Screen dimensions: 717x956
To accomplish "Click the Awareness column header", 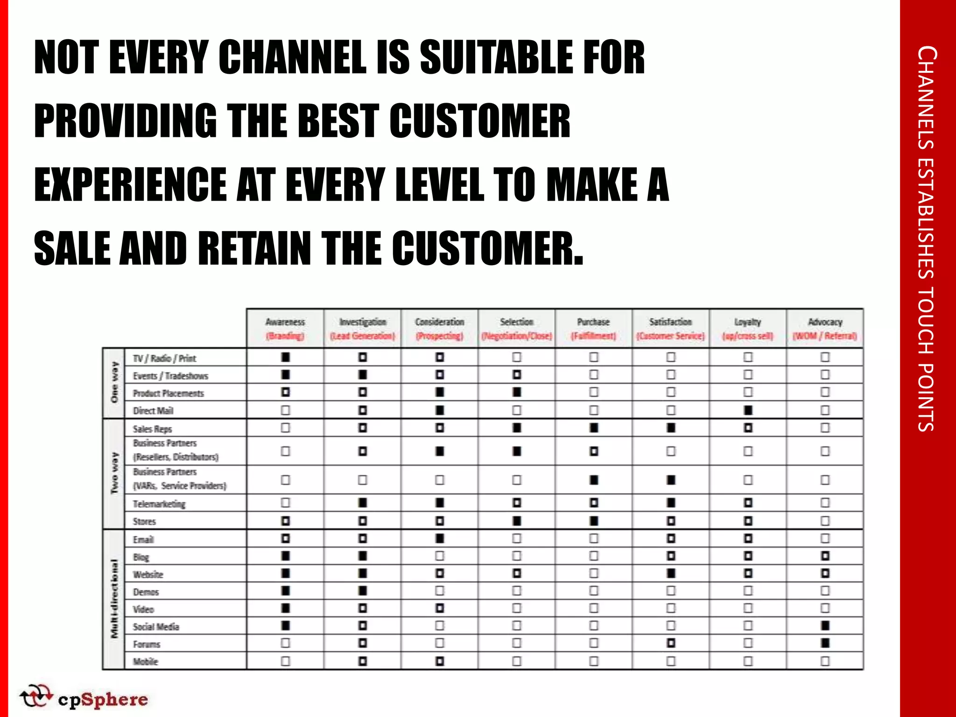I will [x=285, y=328].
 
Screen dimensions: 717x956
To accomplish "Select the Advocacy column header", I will [x=825, y=328].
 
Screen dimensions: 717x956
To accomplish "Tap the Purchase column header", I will [x=593, y=328].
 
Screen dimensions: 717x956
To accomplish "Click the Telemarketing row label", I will [x=159, y=504].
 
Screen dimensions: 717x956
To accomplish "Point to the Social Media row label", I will [x=156, y=626].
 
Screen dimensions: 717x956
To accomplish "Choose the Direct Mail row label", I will [x=153, y=411].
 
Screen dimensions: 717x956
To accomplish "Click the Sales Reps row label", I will [x=152, y=429].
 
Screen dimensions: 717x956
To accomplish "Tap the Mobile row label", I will [x=146, y=661].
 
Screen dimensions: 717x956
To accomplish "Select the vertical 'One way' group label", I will [x=114, y=382].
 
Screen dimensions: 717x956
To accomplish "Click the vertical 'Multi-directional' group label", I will [x=114, y=599].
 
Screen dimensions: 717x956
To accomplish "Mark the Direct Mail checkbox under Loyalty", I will [x=748, y=410].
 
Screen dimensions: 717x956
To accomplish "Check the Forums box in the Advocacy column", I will [x=825, y=643].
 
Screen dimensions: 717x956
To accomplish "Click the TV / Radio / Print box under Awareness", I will [x=285, y=357].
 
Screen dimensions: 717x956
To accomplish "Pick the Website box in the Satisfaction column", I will [x=671, y=573].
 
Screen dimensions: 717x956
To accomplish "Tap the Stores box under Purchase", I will [x=593, y=520].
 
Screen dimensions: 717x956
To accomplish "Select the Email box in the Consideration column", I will [x=439, y=538].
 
